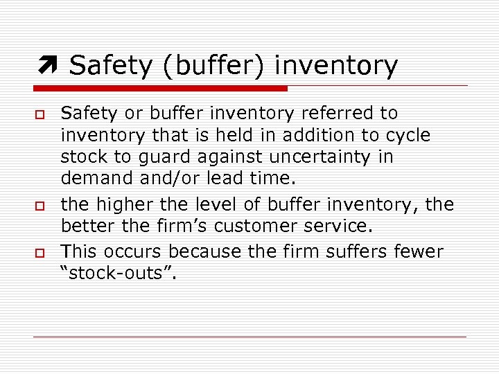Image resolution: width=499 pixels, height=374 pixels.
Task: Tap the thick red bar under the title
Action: (160, 88)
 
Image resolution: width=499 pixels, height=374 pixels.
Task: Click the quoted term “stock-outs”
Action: (119, 274)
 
